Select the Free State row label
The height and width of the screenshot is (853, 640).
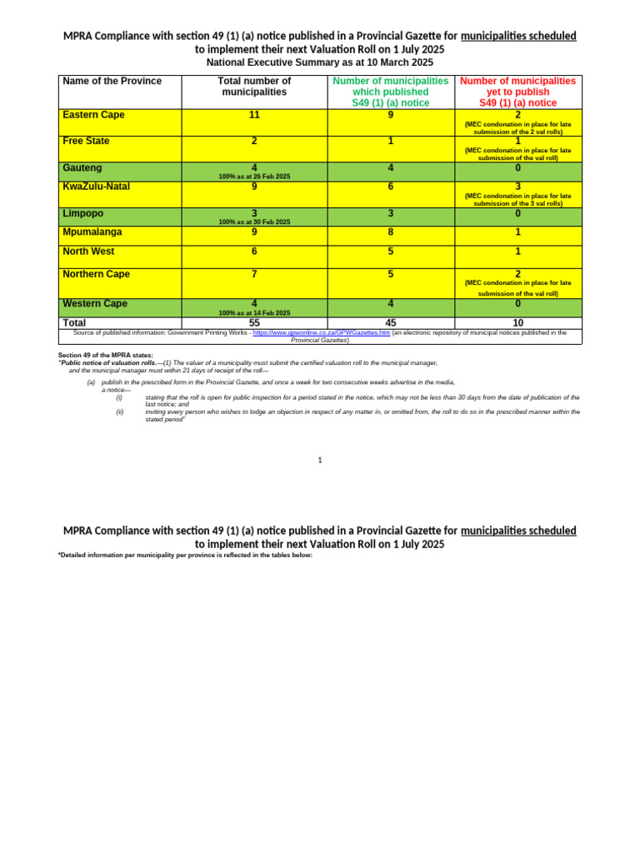86,142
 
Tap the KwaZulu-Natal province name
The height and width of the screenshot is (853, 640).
96,187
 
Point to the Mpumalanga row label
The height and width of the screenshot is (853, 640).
92,232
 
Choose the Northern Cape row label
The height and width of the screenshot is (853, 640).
96,274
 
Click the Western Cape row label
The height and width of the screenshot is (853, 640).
94,304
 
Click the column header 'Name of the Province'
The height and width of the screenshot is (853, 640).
112,82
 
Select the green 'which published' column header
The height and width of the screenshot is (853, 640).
391,92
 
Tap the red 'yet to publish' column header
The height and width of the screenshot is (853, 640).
517,92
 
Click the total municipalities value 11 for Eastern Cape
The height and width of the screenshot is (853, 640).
254,115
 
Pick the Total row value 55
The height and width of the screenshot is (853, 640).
254,323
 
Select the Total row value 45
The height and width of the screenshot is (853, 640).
391,323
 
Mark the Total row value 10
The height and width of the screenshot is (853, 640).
517,323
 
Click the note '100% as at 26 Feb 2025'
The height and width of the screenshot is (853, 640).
254,177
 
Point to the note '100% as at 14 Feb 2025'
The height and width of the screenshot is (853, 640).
254,313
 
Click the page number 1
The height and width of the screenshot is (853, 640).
320,460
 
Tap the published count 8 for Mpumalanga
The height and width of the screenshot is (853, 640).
391,232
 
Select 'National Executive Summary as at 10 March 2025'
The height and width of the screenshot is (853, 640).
320,62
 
